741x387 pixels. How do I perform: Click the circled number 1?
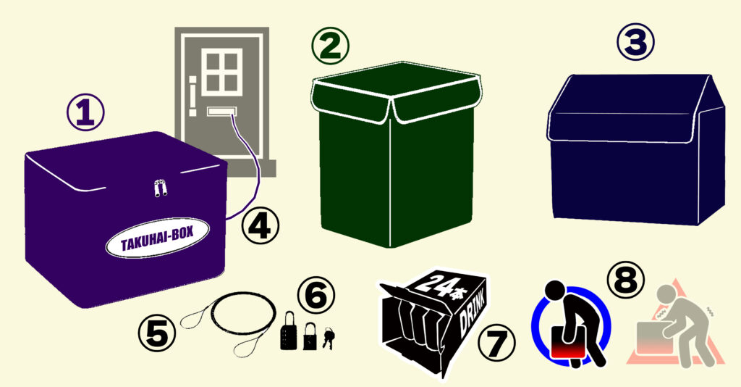85,112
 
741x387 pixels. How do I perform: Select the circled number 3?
635,42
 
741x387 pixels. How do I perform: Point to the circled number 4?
261,226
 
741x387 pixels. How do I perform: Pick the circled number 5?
157,333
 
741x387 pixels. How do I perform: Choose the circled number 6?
316,295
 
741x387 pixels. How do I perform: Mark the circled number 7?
496,343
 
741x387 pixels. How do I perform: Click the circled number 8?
626,280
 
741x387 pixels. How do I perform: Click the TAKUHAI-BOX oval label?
157,238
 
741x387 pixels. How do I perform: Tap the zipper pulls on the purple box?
161,188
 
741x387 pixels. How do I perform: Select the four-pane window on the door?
222,72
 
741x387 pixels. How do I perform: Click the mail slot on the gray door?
222,112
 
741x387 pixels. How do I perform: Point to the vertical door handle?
192,96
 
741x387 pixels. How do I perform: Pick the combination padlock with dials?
288,330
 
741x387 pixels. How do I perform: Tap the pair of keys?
329,338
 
